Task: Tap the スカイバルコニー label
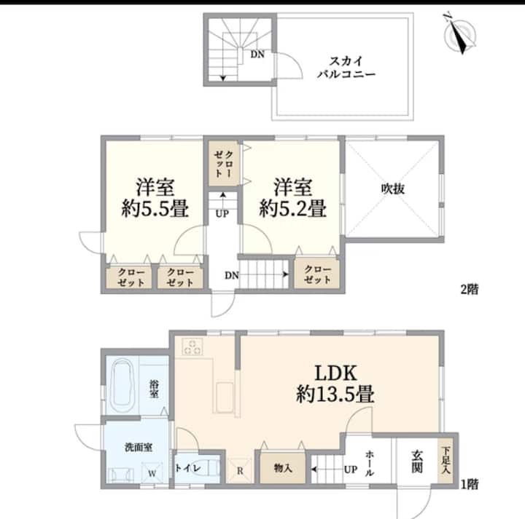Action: pos(346,68)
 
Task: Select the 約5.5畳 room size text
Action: pos(155,208)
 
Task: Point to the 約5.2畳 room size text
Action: pos(292,208)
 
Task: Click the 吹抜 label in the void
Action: pos(393,189)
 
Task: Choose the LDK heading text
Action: pos(336,373)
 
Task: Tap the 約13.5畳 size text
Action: pos(335,394)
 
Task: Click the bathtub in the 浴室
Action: pos(122,386)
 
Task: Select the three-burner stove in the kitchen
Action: pos(192,346)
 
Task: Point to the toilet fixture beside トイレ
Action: pos(209,467)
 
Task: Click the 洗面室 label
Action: pos(139,447)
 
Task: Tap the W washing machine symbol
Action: pos(152,472)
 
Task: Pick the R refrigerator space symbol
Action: pos(240,470)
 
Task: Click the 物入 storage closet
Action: pos(283,468)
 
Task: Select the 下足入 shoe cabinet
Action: pos(446,460)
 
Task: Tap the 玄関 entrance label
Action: pos(417,461)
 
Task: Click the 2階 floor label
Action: pos(470,289)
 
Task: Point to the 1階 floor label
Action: pos(470,484)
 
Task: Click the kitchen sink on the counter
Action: pos(225,398)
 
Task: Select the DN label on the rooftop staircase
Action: pos(257,54)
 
